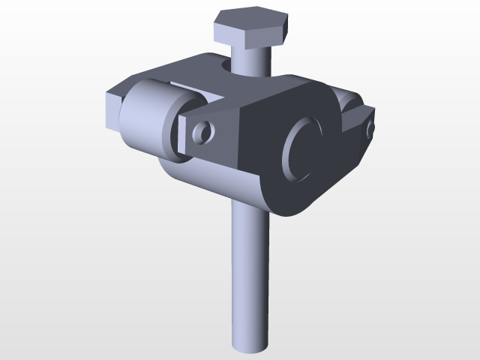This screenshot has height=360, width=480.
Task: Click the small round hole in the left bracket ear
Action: [x=202, y=133]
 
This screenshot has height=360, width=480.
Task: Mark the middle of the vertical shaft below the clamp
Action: [x=248, y=277]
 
